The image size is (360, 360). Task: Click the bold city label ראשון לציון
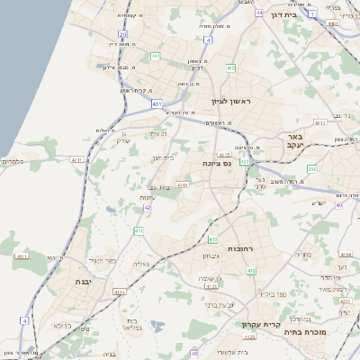pos(229,102)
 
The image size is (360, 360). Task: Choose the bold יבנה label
pos(65,282)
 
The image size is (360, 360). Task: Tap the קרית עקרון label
pos(262,325)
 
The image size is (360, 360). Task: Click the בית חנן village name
pos(162,157)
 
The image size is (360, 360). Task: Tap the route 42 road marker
pos(147,209)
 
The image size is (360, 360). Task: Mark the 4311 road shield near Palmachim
pos(75,160)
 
